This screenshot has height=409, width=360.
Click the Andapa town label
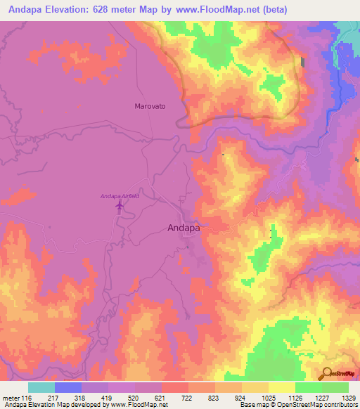click(x=184, y=228)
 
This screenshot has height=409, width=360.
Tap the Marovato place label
click(x=149, y=106)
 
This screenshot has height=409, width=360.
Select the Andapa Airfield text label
click(x=120, y=196)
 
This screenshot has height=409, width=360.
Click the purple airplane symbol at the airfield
click(x=119, y=206)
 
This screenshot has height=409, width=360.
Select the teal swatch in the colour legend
click(x=41, y=387)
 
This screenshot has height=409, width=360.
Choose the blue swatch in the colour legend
click(x=68, y=387)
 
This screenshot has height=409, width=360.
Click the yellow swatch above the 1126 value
click(x=282, y=387)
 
